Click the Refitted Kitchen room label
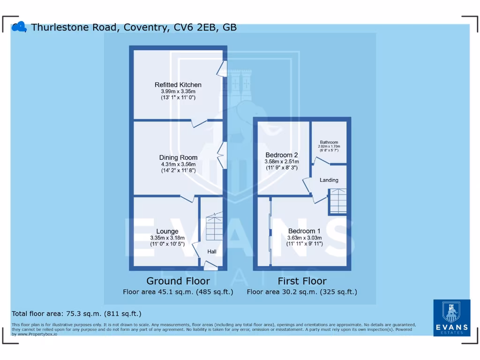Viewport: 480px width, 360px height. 178,85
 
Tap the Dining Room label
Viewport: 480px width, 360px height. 178,157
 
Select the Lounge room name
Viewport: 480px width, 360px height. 167,231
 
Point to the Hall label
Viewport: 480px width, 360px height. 212,252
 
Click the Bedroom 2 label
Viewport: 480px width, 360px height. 281,155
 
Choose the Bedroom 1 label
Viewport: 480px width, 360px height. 304,231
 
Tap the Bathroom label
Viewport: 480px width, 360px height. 329,142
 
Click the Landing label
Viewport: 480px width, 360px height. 329,180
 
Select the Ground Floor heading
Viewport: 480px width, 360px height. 178,281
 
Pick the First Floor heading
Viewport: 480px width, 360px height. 302,281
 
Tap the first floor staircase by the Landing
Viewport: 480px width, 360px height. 337,201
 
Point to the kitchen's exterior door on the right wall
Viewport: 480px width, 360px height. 222,68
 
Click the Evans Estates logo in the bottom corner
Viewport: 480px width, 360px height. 451,317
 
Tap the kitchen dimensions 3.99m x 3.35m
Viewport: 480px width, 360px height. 178,91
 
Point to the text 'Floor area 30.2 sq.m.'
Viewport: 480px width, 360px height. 282,292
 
